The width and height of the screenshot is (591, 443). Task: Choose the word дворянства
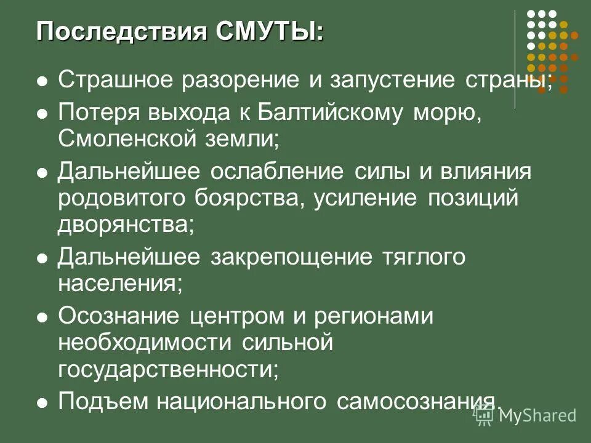(126, 224)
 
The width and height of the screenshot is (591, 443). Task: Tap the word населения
(121, 283)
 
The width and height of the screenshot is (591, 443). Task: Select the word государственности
(168, 369)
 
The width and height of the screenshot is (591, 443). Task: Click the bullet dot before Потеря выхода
(42, 114)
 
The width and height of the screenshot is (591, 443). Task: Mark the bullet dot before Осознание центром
(42, 317)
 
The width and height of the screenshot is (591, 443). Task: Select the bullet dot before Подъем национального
(42, 403)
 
